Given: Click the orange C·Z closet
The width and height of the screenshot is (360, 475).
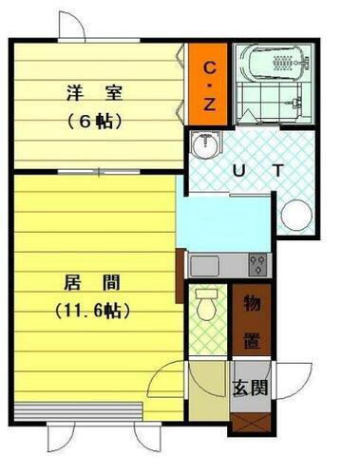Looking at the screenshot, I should click(209, 83).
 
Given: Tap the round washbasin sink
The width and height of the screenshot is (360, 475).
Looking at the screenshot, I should click(202, 145).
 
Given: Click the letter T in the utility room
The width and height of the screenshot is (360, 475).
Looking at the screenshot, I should click(277, 171).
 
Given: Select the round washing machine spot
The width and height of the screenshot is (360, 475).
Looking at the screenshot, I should click(295, 216).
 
